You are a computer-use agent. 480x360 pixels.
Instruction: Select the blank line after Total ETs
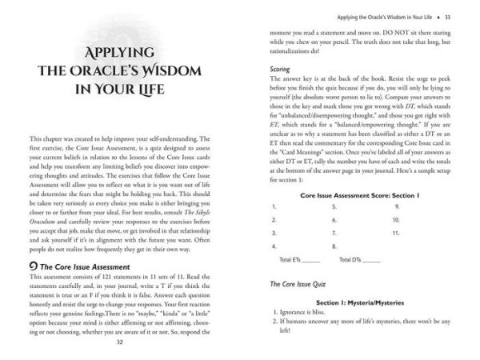click(x=312, y=260)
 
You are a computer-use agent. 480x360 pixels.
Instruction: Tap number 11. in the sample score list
click(x=397, y=232)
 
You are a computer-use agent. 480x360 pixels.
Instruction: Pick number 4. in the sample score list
click(x=274, y=246)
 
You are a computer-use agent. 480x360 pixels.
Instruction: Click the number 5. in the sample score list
click(x=333, y=205)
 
